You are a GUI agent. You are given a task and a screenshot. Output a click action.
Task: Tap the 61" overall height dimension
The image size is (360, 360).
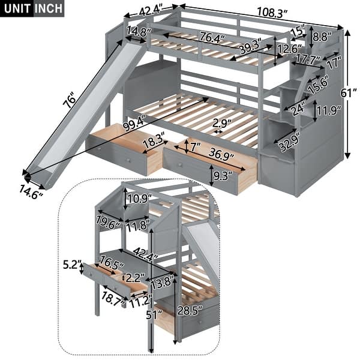(x=352, y=92)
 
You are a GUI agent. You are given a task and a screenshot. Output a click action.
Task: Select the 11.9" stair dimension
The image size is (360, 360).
(x=329, y=110)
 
